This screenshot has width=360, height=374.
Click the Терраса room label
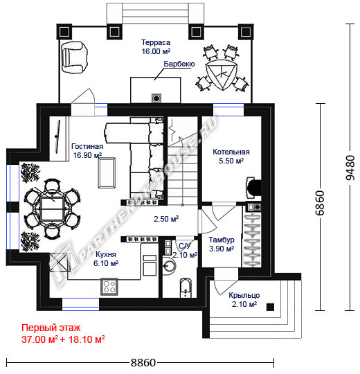coord(156,42)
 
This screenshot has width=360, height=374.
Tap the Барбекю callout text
coord(179,64)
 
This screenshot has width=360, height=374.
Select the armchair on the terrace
coord(73,57)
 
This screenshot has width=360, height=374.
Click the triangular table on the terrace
coord(222,74)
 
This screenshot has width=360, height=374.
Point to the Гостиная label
coord(87,146)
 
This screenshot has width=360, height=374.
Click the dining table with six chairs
coord(52,208)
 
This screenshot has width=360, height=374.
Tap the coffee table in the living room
coord(107,173)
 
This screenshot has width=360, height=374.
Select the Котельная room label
coord(231,152)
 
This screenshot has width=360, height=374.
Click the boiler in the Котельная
coord(253,188)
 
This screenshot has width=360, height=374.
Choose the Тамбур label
coord(222,240)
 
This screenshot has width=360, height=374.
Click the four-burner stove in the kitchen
coord(109,287)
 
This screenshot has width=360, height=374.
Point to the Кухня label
coord(106,254)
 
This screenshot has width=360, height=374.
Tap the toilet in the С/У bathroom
coord(186,287)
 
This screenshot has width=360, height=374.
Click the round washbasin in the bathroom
coord(170,265)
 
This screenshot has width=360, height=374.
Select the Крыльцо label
coord(244,295)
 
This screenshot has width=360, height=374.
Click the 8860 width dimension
coord(143,363)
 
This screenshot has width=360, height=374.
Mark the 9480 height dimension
coord(350,168)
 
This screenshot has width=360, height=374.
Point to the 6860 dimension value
coord(320,203)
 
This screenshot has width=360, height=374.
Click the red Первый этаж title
coord(51,328)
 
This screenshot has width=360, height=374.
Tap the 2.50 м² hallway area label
coord(166,219)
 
